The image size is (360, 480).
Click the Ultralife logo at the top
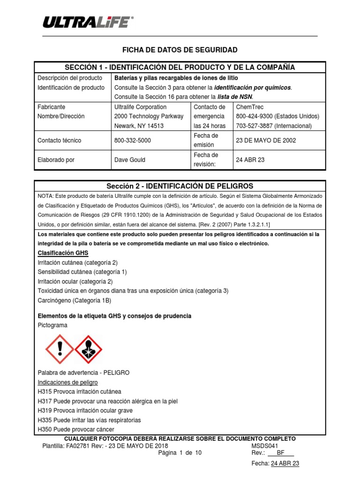[88, 22]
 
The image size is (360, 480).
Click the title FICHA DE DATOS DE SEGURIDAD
[180, 50]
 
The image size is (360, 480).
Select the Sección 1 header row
[180, 67]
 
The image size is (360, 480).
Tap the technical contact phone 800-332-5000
[133, 140]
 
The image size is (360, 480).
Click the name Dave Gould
[130, 160]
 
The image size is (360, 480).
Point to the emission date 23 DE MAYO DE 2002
[266, 140]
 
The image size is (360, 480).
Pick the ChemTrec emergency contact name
[250, 107]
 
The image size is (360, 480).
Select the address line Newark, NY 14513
[139, 126]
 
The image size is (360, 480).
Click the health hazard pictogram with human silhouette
[89, 349]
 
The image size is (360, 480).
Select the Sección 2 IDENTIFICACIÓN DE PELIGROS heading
[180, 186]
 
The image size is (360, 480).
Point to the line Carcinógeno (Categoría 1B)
[75, 300]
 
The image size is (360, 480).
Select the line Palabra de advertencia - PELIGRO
[83, 373]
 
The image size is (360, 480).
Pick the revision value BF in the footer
[281, 453]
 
